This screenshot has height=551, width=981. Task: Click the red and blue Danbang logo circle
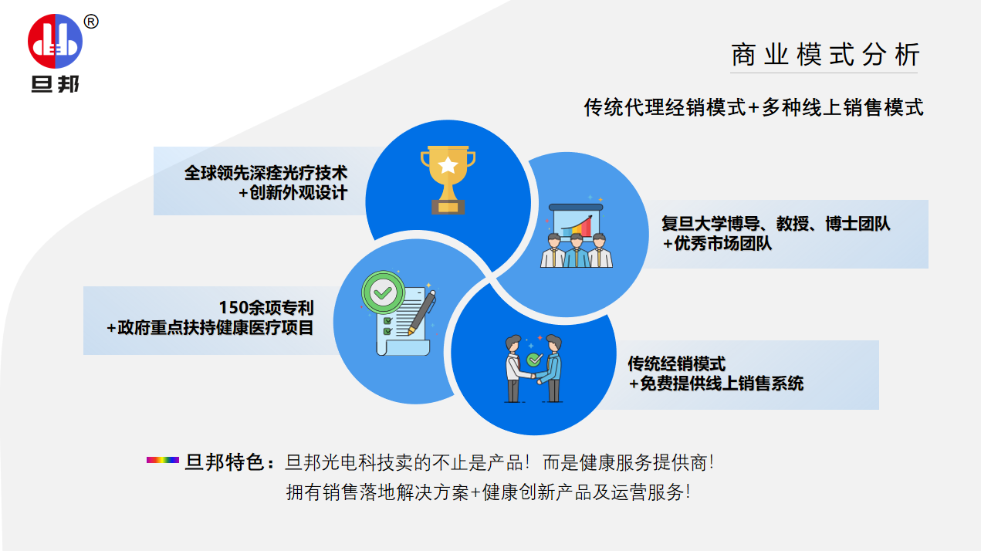pyautogui.click(x=55, y=40)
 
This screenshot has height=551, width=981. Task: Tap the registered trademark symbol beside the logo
pyautogui.click(x=90, y=22)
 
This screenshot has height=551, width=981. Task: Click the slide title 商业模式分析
pyautogui.click(x=825, y=56)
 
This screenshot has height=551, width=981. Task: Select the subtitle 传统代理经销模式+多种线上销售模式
pyautogui.click(x=753, y=108)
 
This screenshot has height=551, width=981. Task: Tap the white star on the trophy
pyautogui.click(x=448, y=165)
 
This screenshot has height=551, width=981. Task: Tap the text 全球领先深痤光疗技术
pyautogui.click(x=266, y=172)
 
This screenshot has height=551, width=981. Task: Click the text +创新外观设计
pyautogui.click(x=293, y=193)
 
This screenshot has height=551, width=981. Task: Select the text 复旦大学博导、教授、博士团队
pyautogui.click(x=776, y=224)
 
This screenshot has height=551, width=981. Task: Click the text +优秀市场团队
pyautogui.click(x=717, y=244)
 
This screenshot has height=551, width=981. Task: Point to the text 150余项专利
pyautogui.click(x=266, y=308)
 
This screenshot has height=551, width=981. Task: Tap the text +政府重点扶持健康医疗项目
pyautogui.click(x=210, y=328)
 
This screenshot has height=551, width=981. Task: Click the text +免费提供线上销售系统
pyautogui.click(x=715, y=384)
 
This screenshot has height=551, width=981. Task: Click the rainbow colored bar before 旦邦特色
pyautogui.click(x=162, y=461)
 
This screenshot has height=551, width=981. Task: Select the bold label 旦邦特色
pyautogui.click(x=227, y=463)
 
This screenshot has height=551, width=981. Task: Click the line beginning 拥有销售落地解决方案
pyautogui.click(x=488, y=492)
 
